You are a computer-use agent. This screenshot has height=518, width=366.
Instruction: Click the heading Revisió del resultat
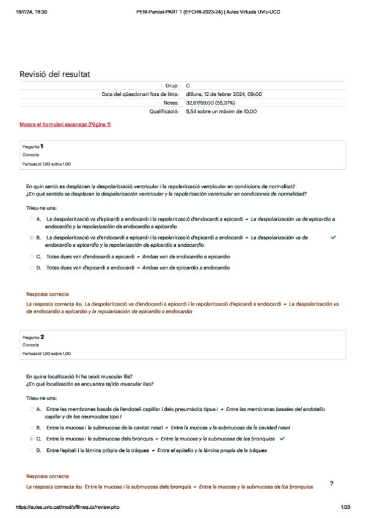tap(55, 74)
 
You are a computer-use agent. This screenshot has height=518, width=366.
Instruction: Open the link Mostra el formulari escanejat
tap(65, 124)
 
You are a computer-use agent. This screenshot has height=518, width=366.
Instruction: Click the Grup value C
tap(188, 86)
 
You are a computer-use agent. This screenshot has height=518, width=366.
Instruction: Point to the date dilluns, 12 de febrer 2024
tap(224, 94)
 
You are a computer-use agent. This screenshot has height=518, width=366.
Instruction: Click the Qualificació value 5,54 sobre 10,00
tap(221, 111)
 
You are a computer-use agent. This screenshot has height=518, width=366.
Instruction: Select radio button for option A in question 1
tap(31, 218)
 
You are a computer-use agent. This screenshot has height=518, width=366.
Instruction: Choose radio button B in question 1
tap(31, 237)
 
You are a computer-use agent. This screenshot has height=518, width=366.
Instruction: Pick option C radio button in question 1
tap(31, 256)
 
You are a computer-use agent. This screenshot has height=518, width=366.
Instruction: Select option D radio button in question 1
tap(31, 268)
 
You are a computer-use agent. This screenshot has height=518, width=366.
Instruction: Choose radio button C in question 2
tap(31, 439)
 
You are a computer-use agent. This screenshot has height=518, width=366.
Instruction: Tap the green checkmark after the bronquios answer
tap(282, 439)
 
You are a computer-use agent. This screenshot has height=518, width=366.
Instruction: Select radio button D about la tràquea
tap(31, 450)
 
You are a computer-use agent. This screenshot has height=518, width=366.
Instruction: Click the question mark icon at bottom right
tap(331, 484)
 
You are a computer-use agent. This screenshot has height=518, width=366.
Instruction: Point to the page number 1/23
tap(345, 507)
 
